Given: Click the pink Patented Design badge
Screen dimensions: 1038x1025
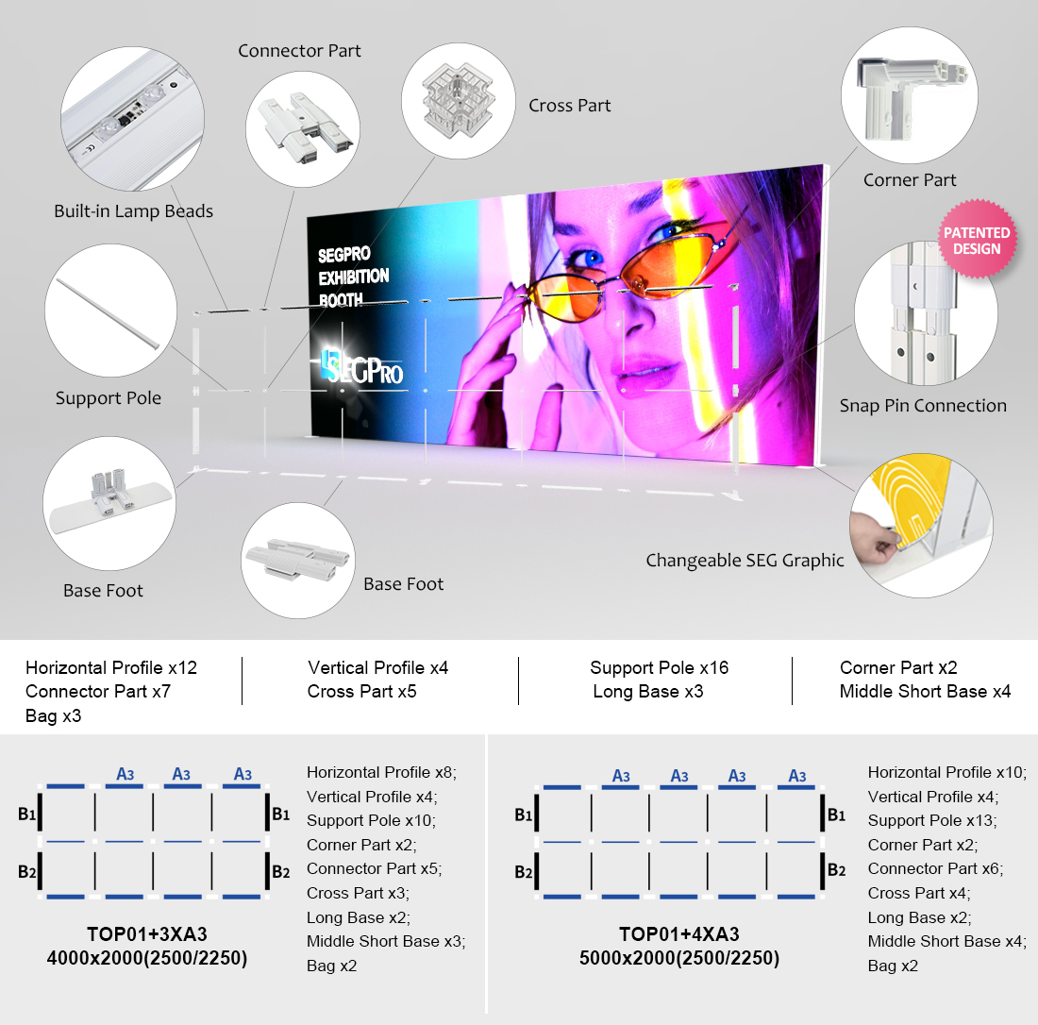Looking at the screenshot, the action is (x=977, y=239).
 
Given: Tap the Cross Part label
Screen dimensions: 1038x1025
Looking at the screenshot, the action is (x=569, y=106).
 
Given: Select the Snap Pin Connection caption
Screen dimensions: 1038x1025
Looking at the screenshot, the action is (x=923, y=405).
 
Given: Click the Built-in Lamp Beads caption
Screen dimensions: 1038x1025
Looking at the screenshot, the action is (x=134, y=211).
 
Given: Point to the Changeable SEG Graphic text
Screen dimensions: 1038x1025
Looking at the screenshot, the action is (x=745, y=561).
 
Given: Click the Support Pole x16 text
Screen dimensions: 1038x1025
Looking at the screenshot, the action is (x=660, y=667).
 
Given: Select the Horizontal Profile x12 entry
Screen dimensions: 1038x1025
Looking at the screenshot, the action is (x=111, y=667).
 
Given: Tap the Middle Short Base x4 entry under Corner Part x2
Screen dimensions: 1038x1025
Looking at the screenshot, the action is (x=925, y=691).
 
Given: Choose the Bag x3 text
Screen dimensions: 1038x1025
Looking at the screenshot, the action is (x=53, y=715).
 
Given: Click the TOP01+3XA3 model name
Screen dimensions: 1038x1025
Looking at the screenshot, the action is (x=147, y=933).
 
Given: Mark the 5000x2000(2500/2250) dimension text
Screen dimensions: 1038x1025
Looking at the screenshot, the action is (x=679, y=958).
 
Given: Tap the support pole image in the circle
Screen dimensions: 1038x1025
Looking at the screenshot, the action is (x=109, y=312).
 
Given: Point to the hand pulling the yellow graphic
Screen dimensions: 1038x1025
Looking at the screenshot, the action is (x=873, y=536).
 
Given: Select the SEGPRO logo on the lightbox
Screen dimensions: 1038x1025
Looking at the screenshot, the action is (x=361, y=367).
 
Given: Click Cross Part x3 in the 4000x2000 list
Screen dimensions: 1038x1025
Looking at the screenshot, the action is (x=358, y=893).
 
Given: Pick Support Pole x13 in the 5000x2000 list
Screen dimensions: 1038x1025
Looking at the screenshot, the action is (x=932, y=820).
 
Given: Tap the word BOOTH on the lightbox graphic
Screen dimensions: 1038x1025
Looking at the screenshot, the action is (x=341, y=300).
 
